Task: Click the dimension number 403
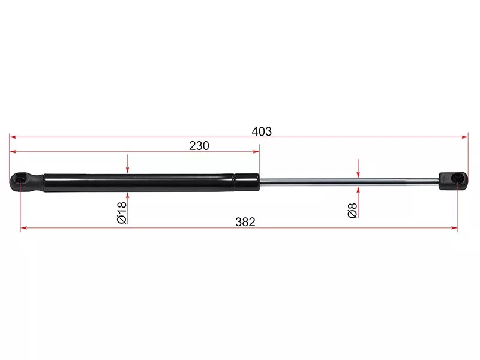click(x=262, y=131)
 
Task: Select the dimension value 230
click(x=199, y=146)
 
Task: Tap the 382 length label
click(x=245, y=222)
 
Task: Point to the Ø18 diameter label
click(x=122, y=212)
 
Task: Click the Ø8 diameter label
click(x=353, y=211)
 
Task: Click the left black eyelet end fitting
click(x=26, y=182)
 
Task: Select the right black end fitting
click(x=454, y=181)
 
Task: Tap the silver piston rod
click(x=349, y=182)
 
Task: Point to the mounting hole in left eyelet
click(x=20, y=178)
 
